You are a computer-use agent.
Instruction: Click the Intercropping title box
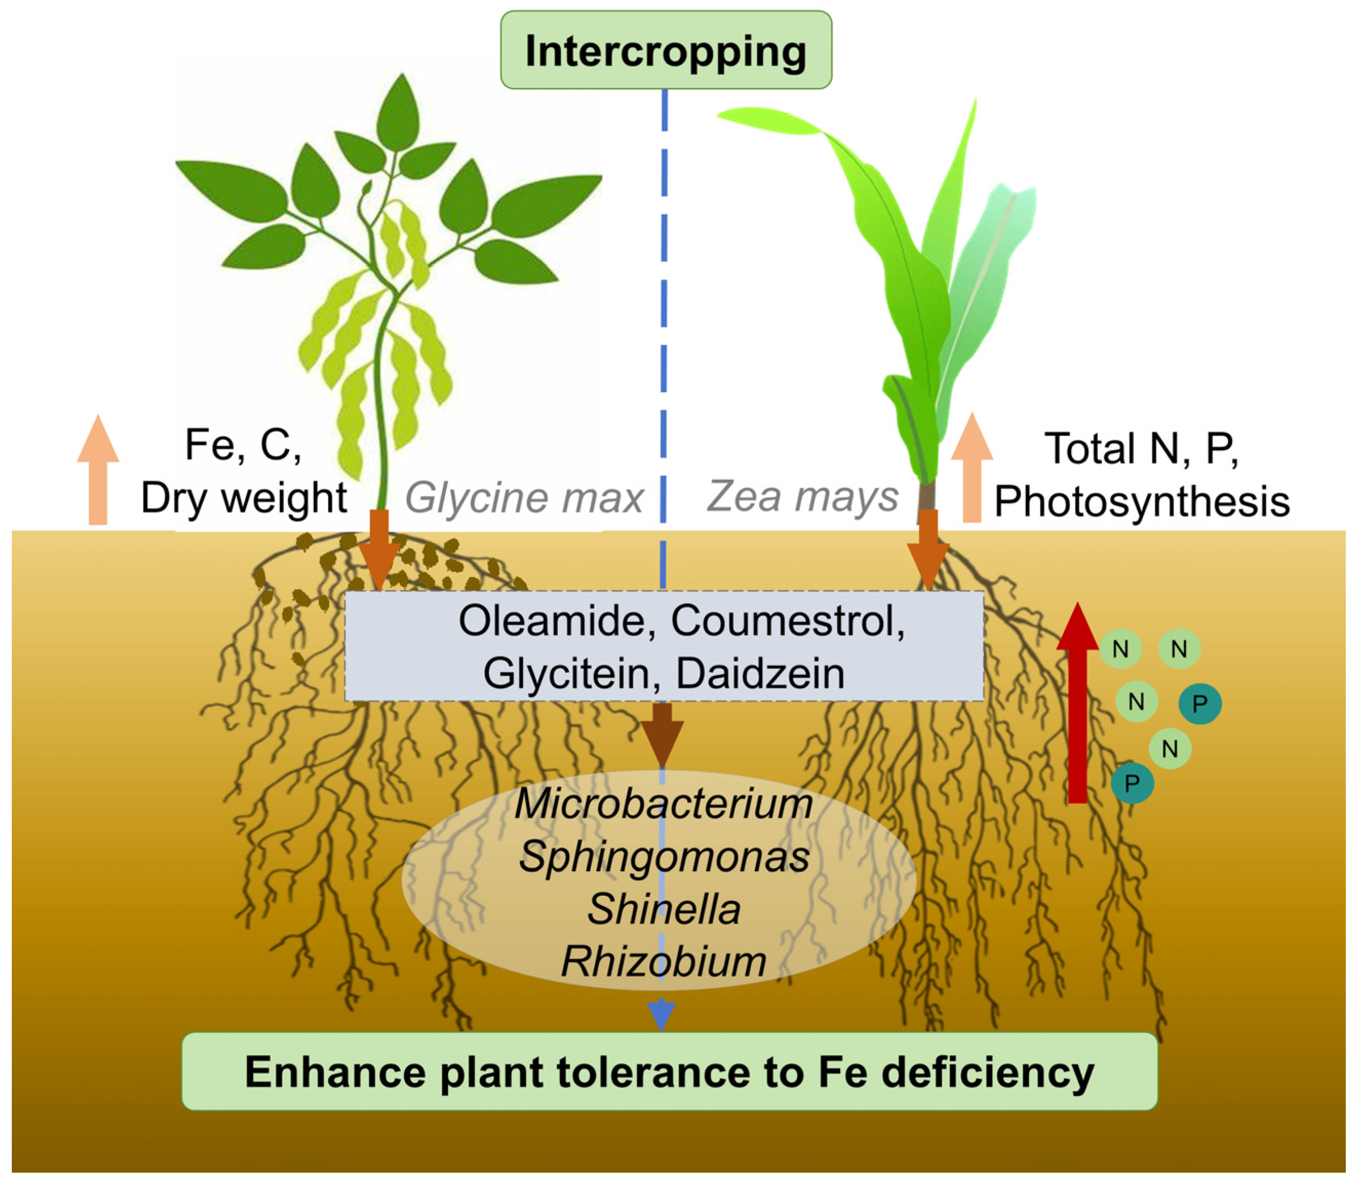666,50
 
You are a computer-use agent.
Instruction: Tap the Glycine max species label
523,498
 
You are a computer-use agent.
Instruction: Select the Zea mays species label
802,496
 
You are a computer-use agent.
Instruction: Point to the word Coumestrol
787,621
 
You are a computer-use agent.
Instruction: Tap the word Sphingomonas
664,858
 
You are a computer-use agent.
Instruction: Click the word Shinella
664,909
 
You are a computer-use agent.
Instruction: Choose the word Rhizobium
664,961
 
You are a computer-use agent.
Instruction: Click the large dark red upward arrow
1077,708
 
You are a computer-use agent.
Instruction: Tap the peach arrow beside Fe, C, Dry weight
98,471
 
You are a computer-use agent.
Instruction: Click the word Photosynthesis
1142,501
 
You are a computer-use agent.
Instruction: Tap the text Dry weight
244,498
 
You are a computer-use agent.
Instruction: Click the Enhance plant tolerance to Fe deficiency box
669,1072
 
